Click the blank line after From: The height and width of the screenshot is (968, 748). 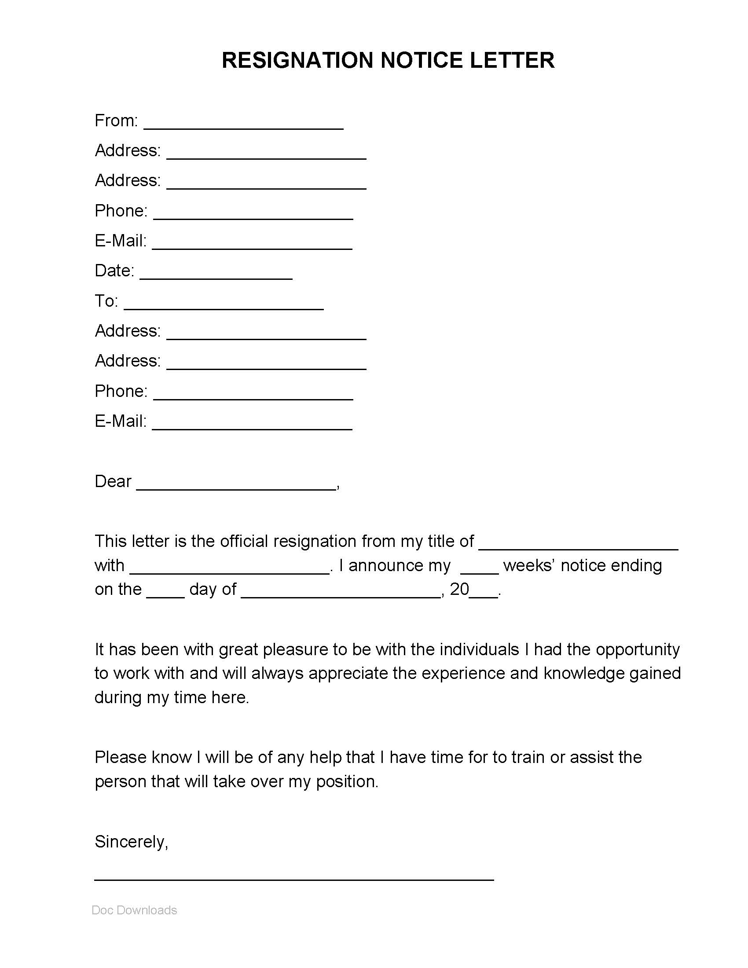(x=244, y=126)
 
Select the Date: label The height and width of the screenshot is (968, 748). (x=114, y=270)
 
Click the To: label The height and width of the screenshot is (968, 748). (x=106, y=301)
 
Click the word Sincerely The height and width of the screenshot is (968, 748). (x=131, y=842)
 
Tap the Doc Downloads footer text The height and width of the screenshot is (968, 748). (x=134, y=910)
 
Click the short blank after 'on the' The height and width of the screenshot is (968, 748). (x=165, y=595)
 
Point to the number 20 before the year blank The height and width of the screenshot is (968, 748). (x=459, y=590)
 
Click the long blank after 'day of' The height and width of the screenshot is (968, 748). (x=341, y=595)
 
